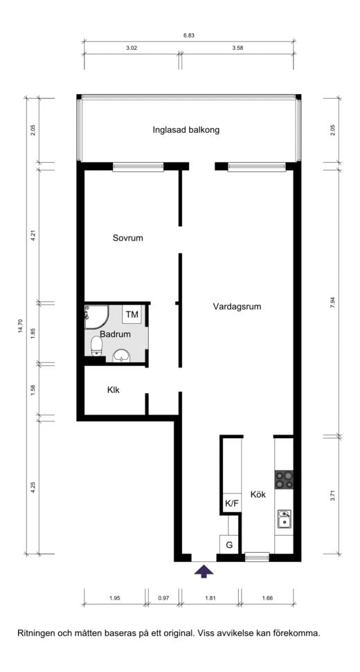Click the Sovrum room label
coord(127,238)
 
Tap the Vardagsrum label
coord(237,307)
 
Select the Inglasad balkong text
coord(186,130)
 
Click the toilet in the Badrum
coord(97,346)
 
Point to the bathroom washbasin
coord(122,356)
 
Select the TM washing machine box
coord(132,315)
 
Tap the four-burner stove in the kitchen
coord(284,480)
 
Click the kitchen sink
coord(284,519)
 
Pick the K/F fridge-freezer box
coord(231,503)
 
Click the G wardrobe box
coord(229,545)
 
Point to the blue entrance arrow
coord(204,571)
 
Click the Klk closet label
coord(113,390)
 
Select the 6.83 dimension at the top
coord(189,36)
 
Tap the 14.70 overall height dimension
coord(19,326)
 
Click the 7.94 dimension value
coord(332,302)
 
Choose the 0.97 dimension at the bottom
coord(163,597)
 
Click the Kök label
coord(258,495)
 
